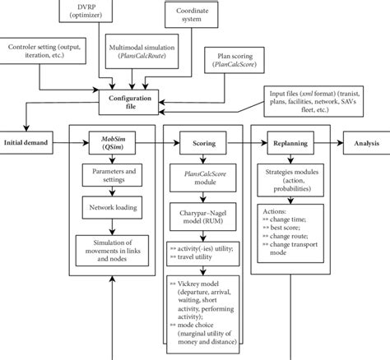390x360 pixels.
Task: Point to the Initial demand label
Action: coord(28,143)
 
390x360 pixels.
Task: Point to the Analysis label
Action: coord(363,143)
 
